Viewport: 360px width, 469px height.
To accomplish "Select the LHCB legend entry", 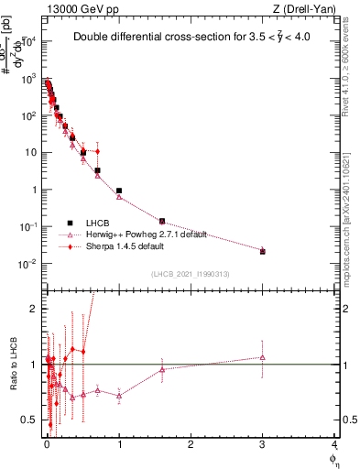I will click(98, 223).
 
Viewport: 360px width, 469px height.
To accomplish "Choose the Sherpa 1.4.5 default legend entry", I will click(125, 246).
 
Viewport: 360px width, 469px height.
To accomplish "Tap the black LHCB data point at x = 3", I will click(263, 251).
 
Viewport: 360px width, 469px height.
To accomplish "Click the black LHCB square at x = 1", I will click(119, 191).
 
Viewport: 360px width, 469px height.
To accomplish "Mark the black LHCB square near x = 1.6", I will click(162, 221).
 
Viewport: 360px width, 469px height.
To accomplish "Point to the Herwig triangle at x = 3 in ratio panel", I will click(263, 357).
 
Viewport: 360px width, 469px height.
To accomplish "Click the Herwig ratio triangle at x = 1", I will click(119, 396).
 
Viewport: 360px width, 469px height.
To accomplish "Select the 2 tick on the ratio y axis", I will click(37, 309).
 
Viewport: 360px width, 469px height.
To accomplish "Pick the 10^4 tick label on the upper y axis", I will click(30, 42).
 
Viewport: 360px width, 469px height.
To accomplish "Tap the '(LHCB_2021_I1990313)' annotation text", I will click(190, 276).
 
